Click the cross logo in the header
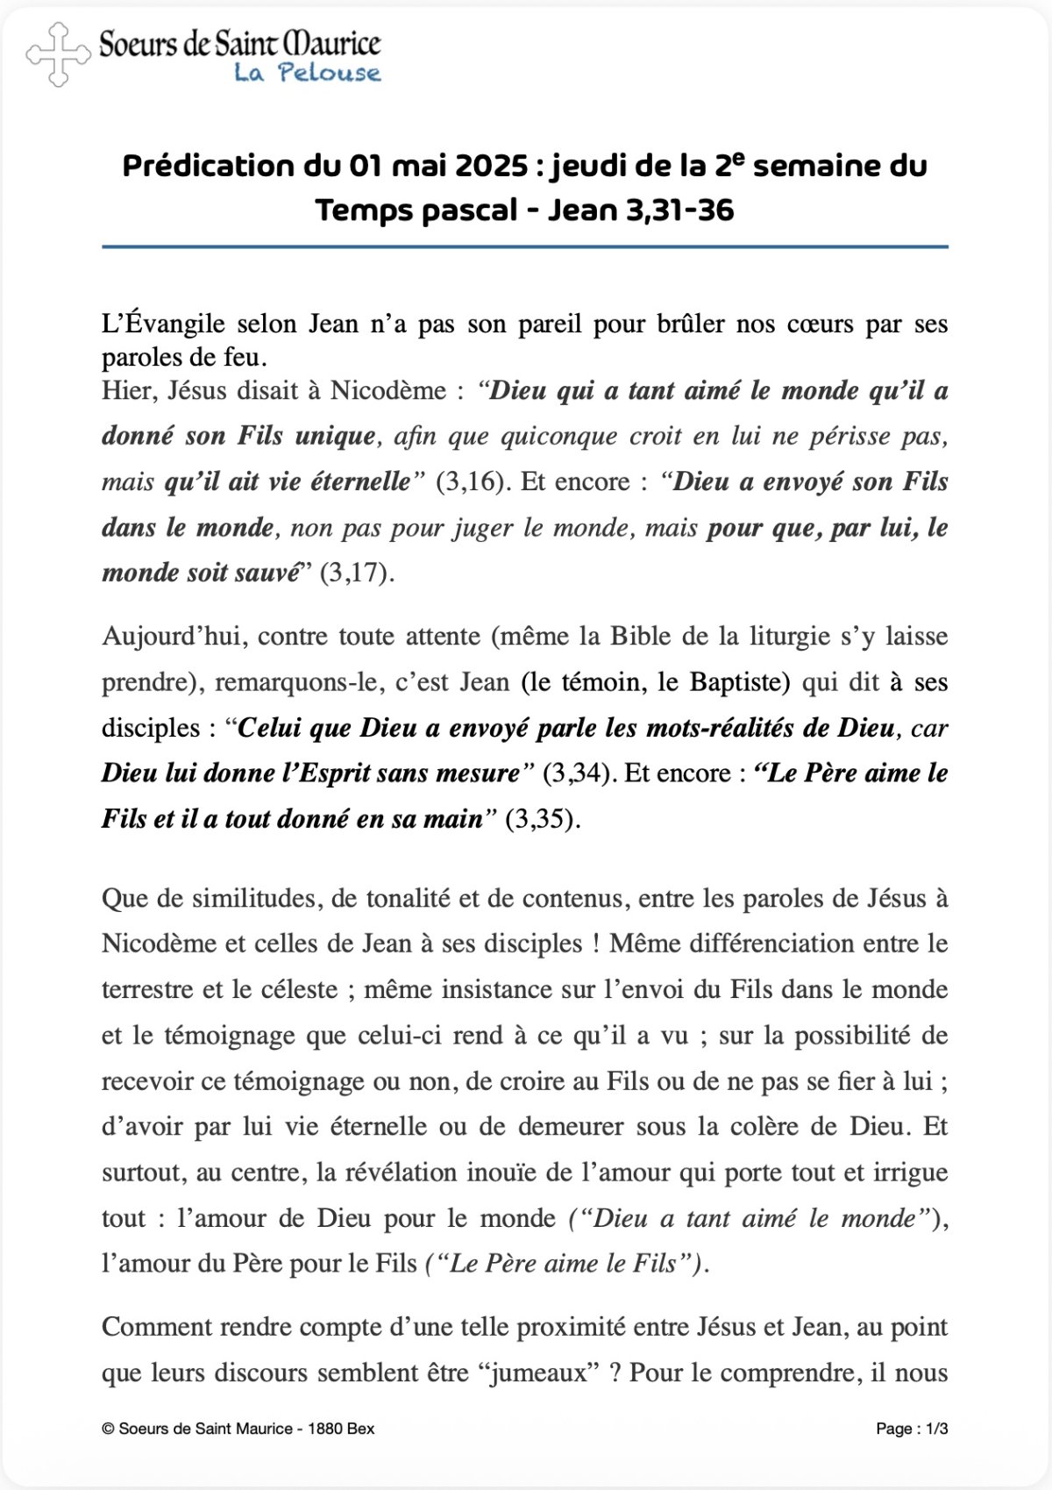[58, 54]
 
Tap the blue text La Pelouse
[307, 73]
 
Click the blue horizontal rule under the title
[524, 247]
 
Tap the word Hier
[126, 390]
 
